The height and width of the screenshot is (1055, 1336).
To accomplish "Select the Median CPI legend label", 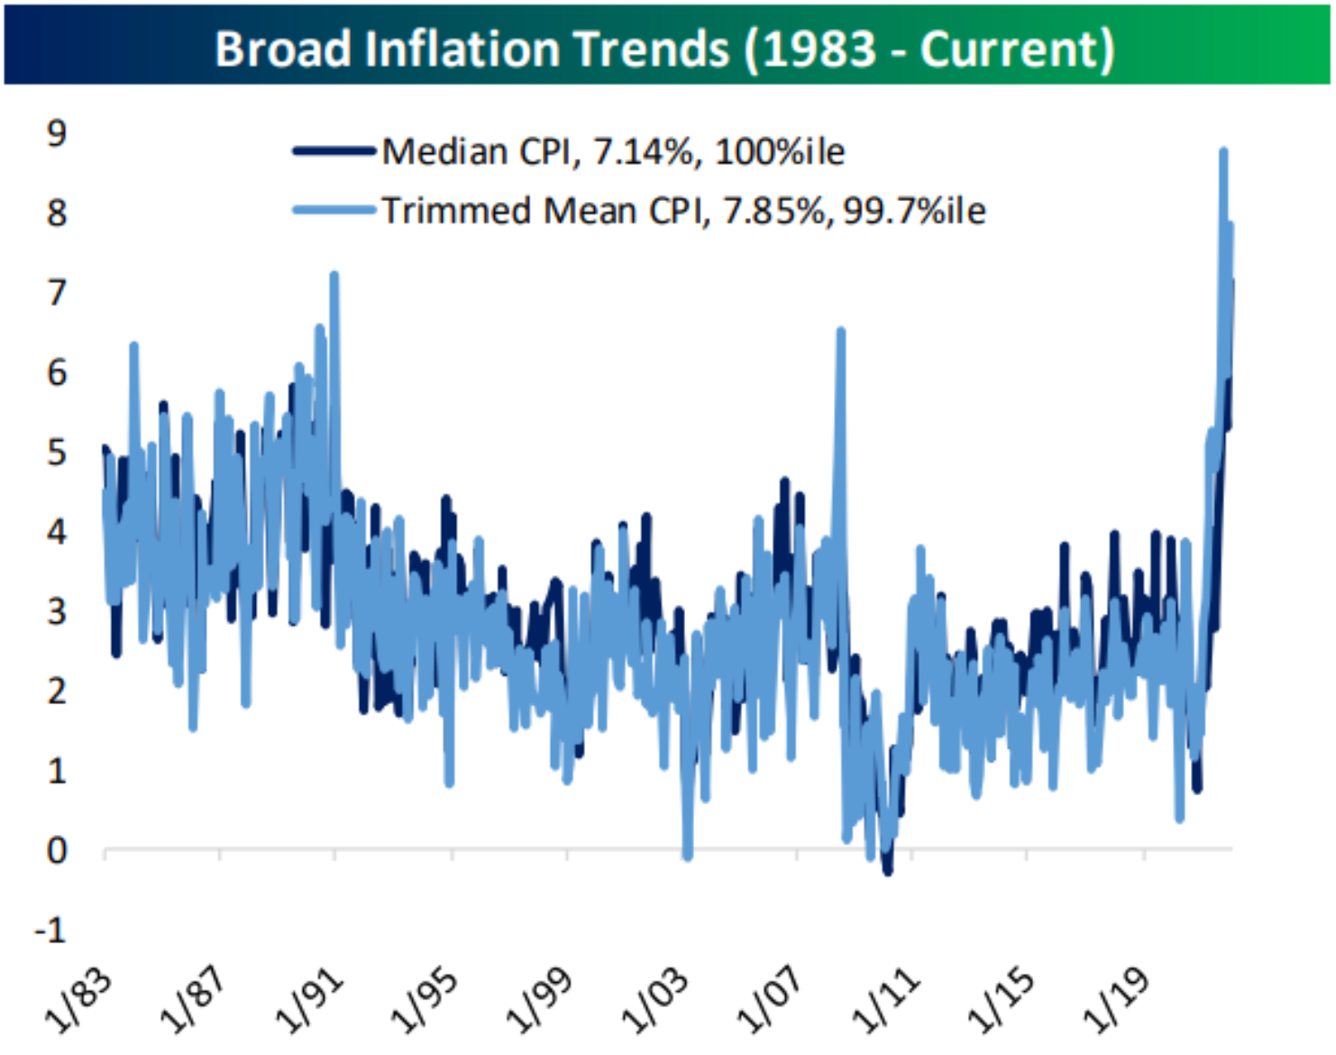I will [613, 151].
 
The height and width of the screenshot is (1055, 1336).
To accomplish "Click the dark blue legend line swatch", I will [334, 151].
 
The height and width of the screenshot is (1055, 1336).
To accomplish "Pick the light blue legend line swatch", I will [334, 211].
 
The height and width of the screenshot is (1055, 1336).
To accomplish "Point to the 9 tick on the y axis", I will [57, 133].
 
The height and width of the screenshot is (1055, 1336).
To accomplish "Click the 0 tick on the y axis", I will [57, 850].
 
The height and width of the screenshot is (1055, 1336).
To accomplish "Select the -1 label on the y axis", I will [50, 930].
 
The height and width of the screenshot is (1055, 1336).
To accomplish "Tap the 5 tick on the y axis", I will [57, 452].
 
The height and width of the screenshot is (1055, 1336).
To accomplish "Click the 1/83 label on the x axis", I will [79, 1001].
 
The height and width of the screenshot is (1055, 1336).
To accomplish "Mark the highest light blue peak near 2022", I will [1223, 151].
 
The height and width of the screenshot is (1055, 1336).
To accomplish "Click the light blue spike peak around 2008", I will [840, 332].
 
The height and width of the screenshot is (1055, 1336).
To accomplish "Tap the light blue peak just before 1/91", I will [334, 275].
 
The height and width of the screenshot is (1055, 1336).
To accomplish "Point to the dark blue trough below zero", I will [888, 871].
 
